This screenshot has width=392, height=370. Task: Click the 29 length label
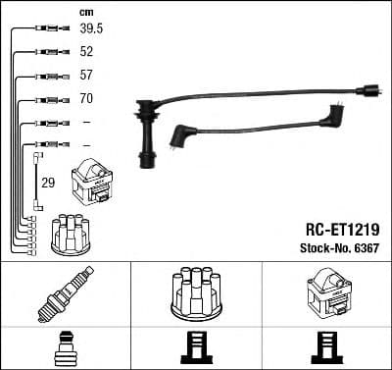[47, 182]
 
